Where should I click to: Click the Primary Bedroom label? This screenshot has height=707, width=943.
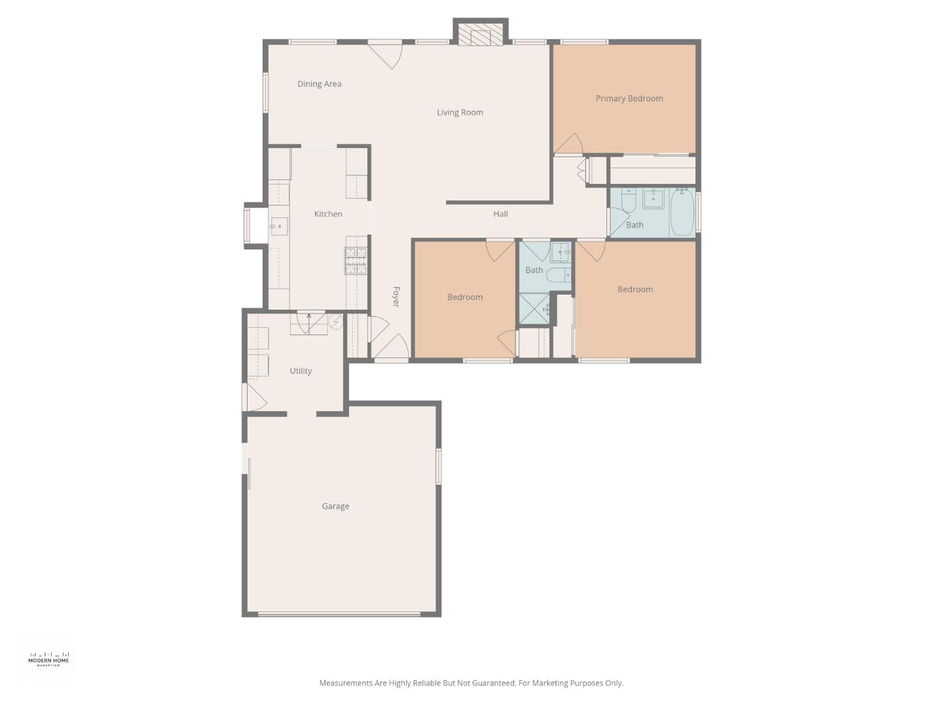coord(629,99)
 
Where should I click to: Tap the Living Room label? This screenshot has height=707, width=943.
coord(460,113)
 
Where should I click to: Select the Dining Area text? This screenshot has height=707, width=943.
coord(319,84)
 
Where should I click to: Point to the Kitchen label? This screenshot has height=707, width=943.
coord(328,214)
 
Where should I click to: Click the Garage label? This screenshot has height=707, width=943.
coord(335,506)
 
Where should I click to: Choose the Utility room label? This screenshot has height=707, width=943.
coord(301,371)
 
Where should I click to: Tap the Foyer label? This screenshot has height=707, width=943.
coord(396,297)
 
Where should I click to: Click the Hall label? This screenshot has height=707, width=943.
coord(500,214)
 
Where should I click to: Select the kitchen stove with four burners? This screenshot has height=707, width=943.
coord(356,261)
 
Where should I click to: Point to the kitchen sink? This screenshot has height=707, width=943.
coord(278,227)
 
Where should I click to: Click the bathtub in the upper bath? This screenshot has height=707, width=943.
coord(682,211)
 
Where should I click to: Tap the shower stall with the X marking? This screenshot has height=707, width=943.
coord(534,309)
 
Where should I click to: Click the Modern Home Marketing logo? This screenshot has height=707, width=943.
coord(48,659)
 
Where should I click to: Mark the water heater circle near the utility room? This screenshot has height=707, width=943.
coord(335,321)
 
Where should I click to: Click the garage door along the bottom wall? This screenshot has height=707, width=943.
coord(339,614)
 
